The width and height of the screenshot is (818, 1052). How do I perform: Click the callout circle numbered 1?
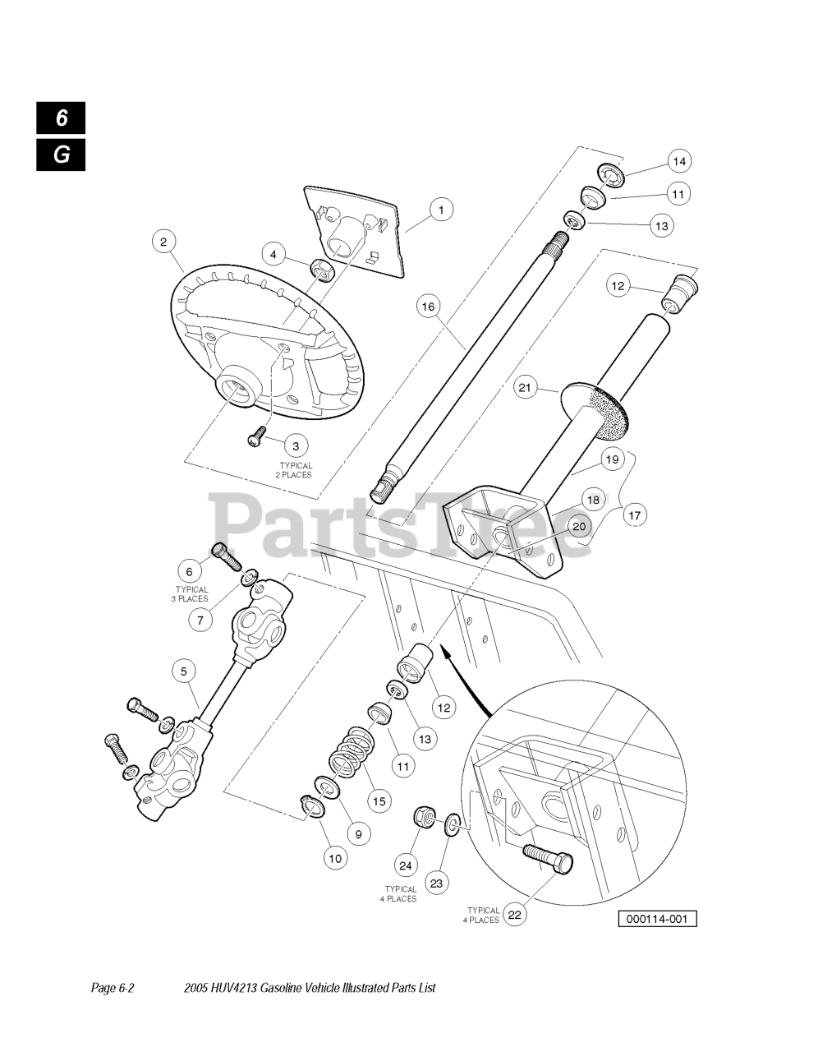[440, 210]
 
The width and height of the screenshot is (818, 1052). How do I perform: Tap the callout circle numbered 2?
[163, 242]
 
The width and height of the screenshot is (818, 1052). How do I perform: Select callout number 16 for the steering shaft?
[428, 307]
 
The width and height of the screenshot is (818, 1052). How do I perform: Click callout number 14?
[679, 161]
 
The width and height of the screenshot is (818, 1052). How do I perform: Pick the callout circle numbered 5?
[184, 671]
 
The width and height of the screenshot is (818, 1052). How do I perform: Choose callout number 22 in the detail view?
[515, 913]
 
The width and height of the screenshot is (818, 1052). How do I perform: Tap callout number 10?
[334, 859]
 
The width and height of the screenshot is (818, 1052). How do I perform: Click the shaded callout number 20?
[579, 527]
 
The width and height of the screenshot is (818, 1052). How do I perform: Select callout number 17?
[633, 515]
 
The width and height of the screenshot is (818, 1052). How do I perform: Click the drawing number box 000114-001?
[657, 918]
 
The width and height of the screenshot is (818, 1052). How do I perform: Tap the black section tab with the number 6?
[61, 118]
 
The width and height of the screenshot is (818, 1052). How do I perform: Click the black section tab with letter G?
[61, 155]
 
